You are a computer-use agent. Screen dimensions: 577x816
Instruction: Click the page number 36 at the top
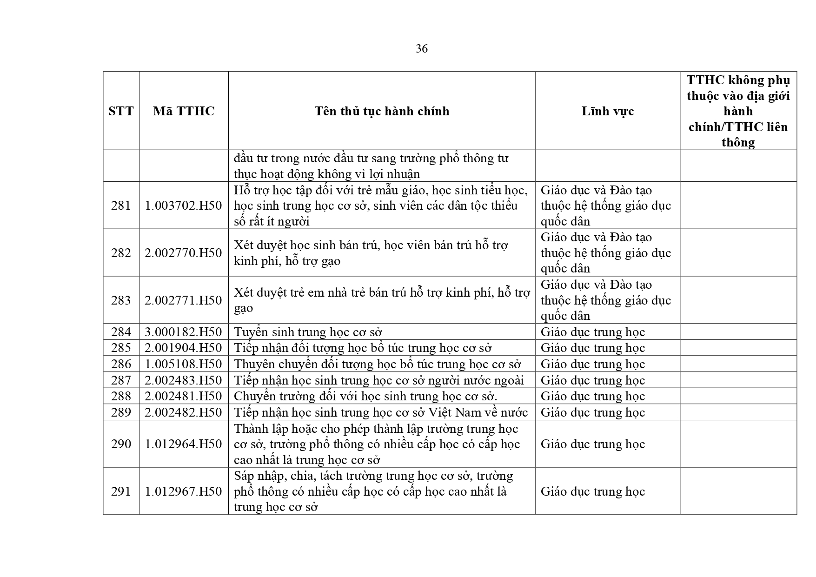click(421, 49)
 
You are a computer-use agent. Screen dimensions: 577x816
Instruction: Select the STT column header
click(121, 111)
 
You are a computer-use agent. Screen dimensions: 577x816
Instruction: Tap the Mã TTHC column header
click(184, 111)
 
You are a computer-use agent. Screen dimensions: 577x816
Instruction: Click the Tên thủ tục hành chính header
click(382, 111)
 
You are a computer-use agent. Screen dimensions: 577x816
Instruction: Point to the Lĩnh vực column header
click(607, 111)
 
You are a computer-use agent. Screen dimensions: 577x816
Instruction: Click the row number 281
click(121, 206)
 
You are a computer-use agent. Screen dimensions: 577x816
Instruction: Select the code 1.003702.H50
click(184, 206)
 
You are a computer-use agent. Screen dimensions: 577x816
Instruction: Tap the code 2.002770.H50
click(184, 253)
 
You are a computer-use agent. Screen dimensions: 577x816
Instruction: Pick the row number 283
click(121, 300)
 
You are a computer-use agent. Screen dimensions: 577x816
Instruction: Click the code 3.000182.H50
click(184, 332)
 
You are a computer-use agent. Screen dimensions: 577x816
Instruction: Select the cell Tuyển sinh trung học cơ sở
click(308, 332)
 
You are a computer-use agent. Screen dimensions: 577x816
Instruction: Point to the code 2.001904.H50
click(184, 348)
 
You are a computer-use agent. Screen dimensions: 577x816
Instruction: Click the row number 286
click(121, 364)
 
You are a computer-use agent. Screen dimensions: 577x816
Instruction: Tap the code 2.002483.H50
click(184, 380)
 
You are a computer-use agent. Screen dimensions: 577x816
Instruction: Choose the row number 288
click(121, 396)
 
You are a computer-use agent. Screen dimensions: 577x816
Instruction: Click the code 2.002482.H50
click(184, 412)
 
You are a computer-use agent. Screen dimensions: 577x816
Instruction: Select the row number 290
click(121, 444)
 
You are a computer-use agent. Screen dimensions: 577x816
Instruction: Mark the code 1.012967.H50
click(184, 491)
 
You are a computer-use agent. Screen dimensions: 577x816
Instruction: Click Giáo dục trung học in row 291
click(593, 491)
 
